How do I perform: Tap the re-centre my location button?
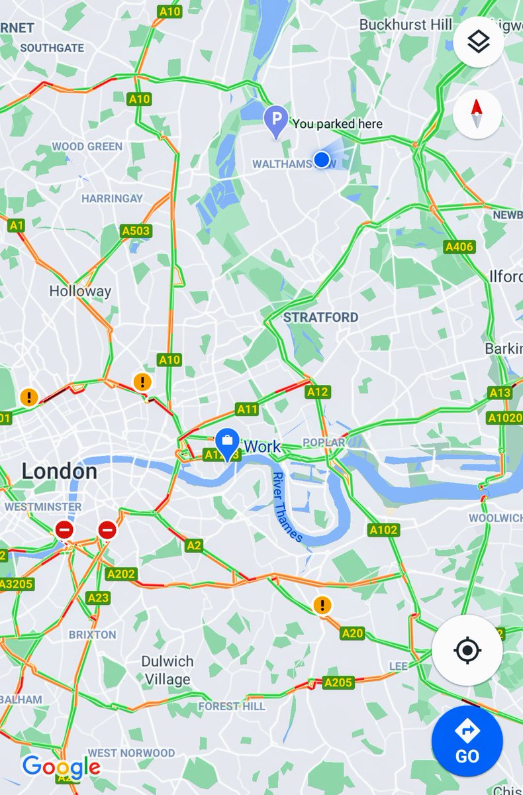tap(467, 650)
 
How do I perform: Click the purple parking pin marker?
tap(275, 121)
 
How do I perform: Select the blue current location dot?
tap(322, 159)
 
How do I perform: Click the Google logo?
tap(61, 767)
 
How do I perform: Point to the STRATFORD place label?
tap(320, 317)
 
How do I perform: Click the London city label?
tap(60, 472)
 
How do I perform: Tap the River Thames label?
tap(287, 507)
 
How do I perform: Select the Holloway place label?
tap(80, 291)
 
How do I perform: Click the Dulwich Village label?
tap(167, 670)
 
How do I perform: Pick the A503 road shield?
tap(136, 231)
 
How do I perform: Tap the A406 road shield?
tap(459, 247)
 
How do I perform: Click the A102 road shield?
tap(383, 529)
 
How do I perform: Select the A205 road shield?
tap(338, 682)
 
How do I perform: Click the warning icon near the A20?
tap(322, 604)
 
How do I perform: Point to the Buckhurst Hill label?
tap(405, 25)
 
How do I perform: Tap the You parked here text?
tap(337, 124)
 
